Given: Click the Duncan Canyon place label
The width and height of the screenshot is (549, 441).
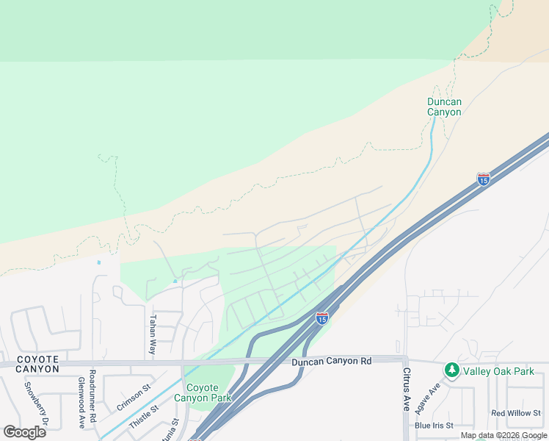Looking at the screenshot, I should tap(444, 107).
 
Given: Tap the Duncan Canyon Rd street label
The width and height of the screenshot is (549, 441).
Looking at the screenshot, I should tap(331, 361).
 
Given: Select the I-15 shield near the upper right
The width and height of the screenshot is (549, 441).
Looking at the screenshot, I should tap(483, 179).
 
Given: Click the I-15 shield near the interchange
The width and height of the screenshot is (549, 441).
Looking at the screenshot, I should tap(321, 318).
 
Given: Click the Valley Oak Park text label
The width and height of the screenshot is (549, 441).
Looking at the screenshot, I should tap(498, 371).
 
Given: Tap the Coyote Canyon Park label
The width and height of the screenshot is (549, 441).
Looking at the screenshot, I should tap(203, 392).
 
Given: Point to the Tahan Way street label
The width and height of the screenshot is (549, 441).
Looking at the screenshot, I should tap(153, 335).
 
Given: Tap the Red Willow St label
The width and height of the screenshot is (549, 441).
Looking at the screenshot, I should tap(515, 413).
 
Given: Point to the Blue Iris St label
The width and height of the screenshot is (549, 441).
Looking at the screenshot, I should tap(434, 425).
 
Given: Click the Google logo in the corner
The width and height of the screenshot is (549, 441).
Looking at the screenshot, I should tap(24, 431).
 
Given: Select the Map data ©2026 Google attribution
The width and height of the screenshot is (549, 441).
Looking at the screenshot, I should tap(503, 435).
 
